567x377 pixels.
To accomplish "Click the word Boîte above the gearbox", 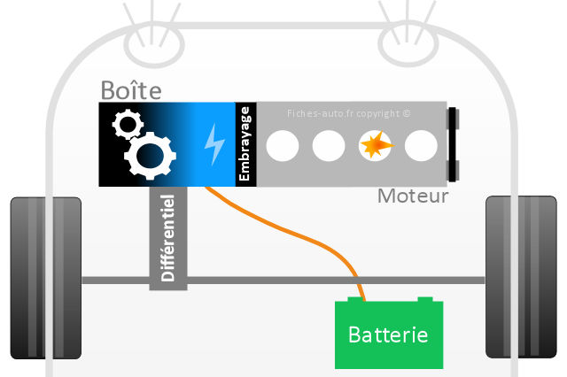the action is [x=131, y=90].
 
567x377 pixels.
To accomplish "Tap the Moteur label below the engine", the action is [x=413, y=196].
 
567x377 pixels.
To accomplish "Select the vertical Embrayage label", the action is [x=245, y=143].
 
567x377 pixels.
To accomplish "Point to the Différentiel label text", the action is [x=167, y=238].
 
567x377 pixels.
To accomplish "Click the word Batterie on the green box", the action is [x=388, y=335].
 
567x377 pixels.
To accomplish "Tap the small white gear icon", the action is [x=128, y=125].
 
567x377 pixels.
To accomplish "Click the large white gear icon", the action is [x=150, y=156].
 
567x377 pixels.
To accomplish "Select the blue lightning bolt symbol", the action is [x=214, y=144].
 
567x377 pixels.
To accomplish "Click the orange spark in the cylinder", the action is [x=376, y=145].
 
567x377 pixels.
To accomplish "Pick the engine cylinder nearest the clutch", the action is [x=283, y=146].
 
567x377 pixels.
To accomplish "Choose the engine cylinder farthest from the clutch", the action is [x=421, y=146].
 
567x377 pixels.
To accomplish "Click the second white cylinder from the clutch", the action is [x=329, y=146].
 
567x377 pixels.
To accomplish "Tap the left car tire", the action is [x=45, y=278].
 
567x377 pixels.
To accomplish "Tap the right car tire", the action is [x=521, y=277].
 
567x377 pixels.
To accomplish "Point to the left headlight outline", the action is [x=154, y=45].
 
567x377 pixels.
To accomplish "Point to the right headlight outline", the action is [x=408, y=44].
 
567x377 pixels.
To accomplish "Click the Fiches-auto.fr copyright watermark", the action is [x=348, y=114].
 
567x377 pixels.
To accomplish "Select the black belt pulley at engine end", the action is [x=453, y=144].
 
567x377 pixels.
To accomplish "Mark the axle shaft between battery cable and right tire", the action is [x=422, y=281].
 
